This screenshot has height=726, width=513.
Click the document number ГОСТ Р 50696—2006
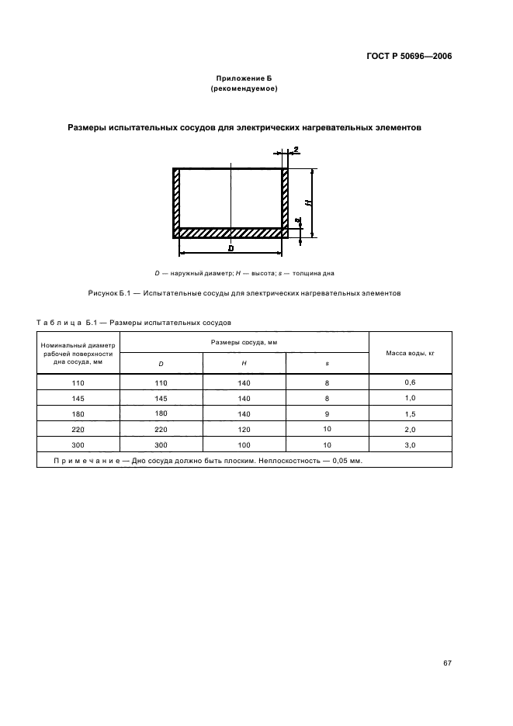click(408, 56)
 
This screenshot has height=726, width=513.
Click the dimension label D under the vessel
click(231, 249)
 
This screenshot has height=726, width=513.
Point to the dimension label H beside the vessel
click(308, 203)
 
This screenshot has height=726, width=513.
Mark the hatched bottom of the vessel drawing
click(231, 232)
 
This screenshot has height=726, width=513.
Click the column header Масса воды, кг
click(409, 352)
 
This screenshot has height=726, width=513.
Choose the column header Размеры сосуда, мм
click(244, 341)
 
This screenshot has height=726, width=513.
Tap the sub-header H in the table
click(244, 363)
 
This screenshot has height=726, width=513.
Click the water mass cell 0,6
click(409, 382)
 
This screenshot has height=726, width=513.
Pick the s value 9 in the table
click(327, 413)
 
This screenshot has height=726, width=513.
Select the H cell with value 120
click(244, 429)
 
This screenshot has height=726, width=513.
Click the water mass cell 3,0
click(409, 444)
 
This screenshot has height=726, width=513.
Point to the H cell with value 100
click(244, 444)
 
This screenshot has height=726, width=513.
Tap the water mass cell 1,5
click(409, 413)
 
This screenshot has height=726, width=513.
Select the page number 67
click(447, 662)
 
